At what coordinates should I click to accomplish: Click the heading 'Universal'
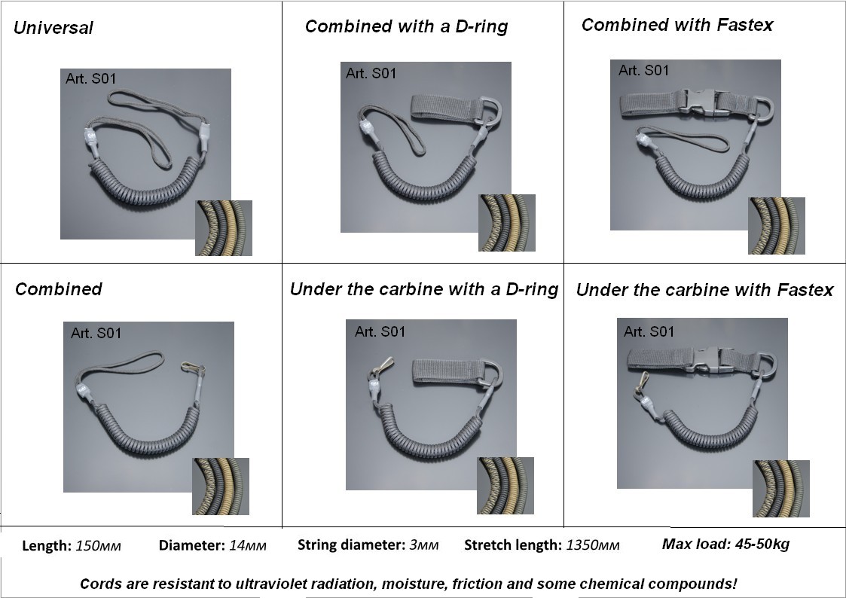(53, 28)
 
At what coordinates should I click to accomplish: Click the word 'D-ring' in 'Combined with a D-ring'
(481, 26)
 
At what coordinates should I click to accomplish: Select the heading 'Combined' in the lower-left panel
(58, 289)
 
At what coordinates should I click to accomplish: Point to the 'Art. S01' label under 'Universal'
(90, 79)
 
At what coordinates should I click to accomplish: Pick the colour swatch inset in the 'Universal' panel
(224, 228)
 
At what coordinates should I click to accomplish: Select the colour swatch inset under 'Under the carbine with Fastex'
(780, 489)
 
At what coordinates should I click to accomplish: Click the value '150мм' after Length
(98, 546)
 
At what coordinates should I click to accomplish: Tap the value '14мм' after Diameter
(248, 546)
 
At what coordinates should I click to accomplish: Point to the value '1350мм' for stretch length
(592, 545)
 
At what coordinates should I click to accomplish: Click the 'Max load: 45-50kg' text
(725, 544)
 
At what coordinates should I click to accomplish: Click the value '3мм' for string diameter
(423, 545)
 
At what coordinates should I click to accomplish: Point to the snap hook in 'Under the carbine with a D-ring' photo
(380, 366)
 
